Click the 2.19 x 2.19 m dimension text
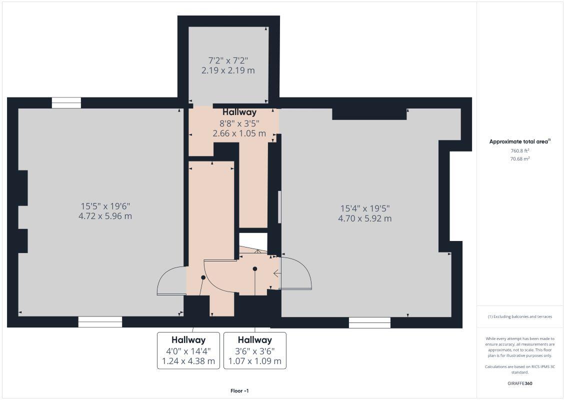(228, 70)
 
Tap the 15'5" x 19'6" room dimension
(106, 206)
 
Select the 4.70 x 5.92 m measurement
(365, 218)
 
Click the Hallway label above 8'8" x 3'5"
(239, 112)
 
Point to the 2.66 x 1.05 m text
(239, 133)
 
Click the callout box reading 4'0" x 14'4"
(188, 350)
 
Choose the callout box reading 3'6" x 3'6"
(255, 350)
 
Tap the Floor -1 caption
(239, 391)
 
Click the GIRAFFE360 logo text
(520, 383)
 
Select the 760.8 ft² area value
(520, 150)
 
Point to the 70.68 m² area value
(520, 159)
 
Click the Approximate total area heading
(520, 141)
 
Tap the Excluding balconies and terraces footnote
(520, 316)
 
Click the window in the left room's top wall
(66, 103)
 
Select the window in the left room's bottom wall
(100, 322)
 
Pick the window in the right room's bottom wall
(369, 322)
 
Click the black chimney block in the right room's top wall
(369, 114)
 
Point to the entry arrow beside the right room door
(276, 273)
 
